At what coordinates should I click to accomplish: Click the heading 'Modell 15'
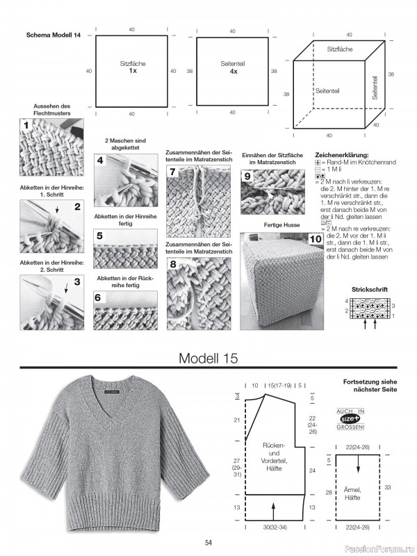point(208,359)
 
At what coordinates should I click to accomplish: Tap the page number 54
point(208,543)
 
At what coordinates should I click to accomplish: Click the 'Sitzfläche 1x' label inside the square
point(132,67)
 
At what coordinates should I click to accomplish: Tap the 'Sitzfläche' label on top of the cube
point(340,50)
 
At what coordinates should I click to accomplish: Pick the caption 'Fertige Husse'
point(281,224)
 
